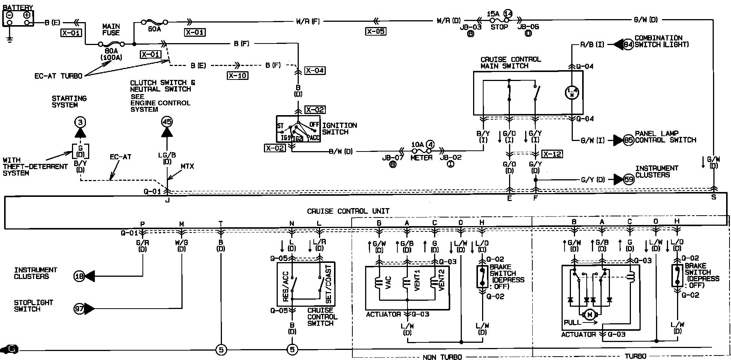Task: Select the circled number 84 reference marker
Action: pos(628,44)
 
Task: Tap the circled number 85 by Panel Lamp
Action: pos(628,140)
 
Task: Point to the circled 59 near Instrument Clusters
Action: pos(628,180)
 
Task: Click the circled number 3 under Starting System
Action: pos(80,122)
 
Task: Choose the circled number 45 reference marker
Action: pos(167,122)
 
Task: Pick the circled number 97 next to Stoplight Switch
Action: pos(79,309)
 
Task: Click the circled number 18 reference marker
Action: pos(79,276)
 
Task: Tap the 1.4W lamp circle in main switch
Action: pos(572,92)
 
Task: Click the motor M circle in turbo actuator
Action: pos(590,315)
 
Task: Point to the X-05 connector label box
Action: pos(376,31)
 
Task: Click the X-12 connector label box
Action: pos(552,154)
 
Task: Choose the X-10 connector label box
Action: pos(238,75)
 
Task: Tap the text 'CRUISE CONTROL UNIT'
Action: pos(348,211)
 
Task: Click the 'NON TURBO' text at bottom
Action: pos(442,357)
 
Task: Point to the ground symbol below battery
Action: pos(10,39)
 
